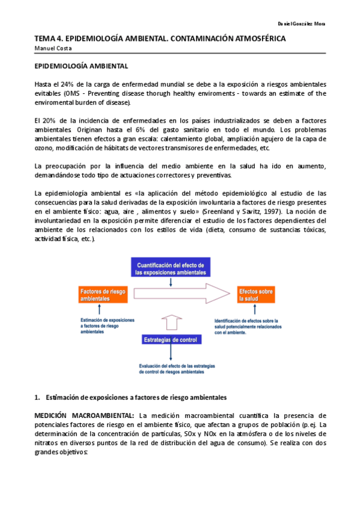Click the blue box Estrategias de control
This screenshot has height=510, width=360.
pos(171,340)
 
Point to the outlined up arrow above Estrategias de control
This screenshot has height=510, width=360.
pos(171,325)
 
